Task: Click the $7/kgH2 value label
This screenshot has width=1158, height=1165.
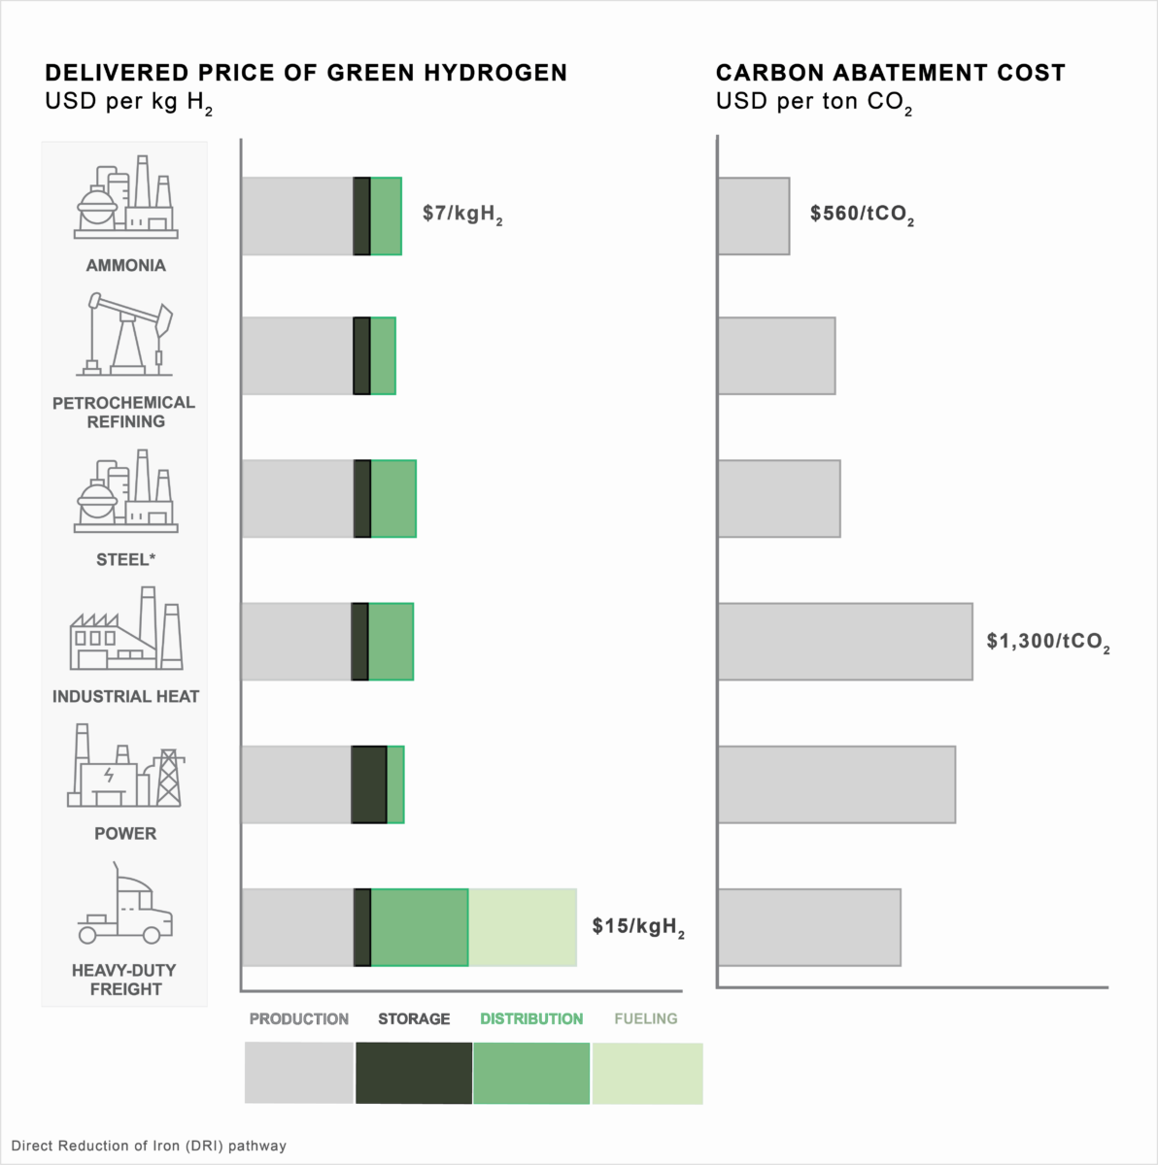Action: (462, 215)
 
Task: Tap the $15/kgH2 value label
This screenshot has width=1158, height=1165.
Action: (638, 927)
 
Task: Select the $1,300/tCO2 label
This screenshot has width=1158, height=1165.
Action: (1048, 642)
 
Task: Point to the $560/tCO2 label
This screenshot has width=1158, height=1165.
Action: (862, 215)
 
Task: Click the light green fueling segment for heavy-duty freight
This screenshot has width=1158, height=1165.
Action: (523, 927)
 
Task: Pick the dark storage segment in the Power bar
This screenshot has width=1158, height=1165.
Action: (369, 784)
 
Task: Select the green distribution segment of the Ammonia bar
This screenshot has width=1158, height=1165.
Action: (386, 216)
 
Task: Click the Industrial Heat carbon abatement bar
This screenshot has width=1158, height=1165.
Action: (844, 642)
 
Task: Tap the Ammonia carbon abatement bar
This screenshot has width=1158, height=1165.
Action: (753, 216)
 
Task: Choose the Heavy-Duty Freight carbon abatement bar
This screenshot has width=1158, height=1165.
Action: (808, 927)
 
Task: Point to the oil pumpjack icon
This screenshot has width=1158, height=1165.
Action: (125, 336)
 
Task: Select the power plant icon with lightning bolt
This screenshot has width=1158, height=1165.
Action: (124, 767)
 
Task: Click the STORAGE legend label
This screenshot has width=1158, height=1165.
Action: (414, 1018)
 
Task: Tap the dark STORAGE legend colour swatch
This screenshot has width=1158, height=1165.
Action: (414, 1073)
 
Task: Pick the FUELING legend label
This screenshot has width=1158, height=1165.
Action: (646, 1018)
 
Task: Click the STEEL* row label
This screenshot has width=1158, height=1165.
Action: (125, 559)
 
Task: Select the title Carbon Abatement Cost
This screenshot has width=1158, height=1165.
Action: (890, 73)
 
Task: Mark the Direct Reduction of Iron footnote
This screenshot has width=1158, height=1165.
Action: (149, 1146)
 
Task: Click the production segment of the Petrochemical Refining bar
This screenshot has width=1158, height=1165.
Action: (296, 355)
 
